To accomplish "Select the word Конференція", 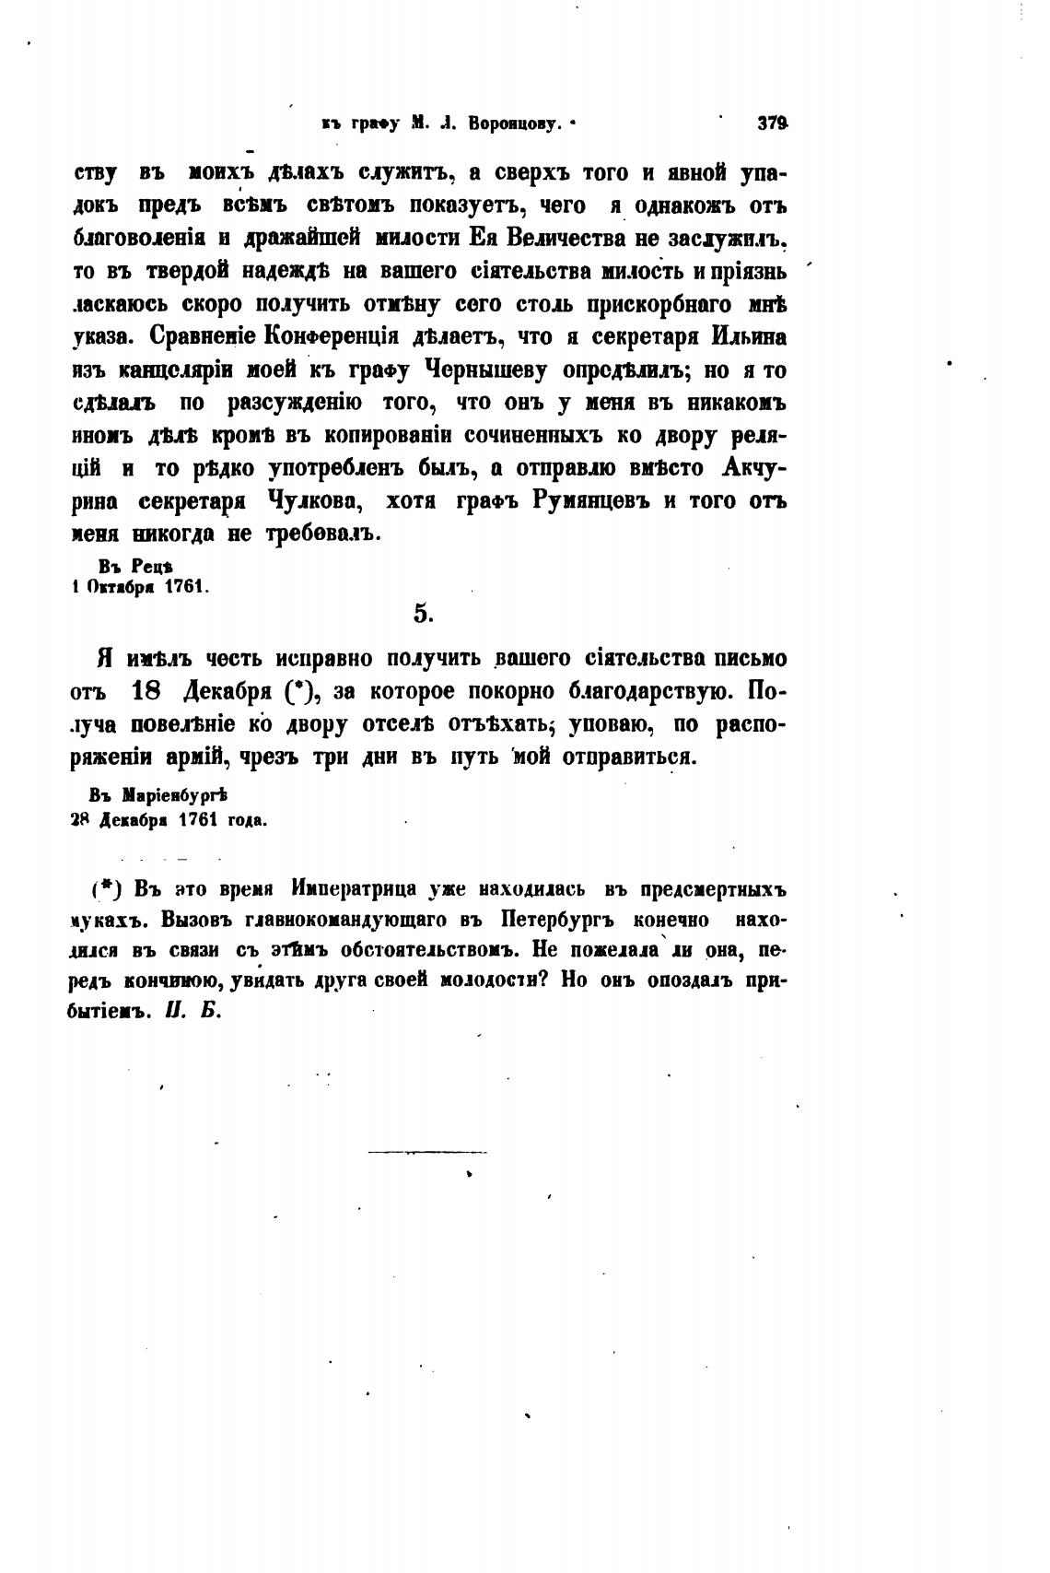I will (x=332, y=337).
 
